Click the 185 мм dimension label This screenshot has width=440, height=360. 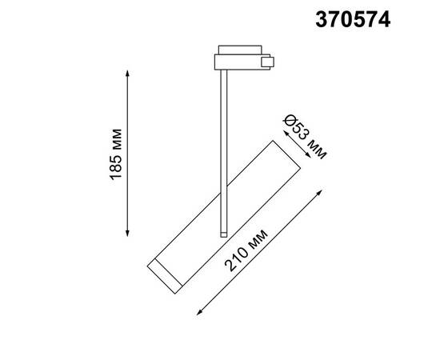click(118, 152)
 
